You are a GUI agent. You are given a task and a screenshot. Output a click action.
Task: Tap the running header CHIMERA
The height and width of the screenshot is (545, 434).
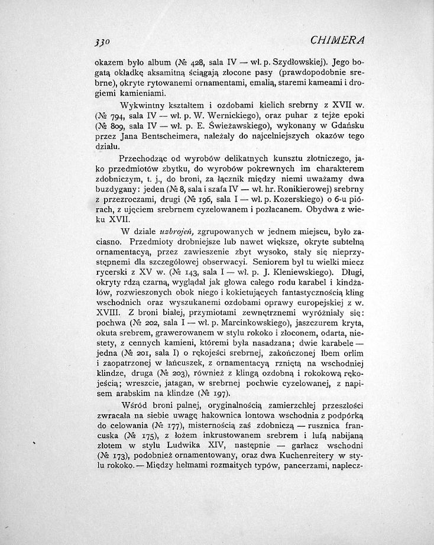coord(339,41)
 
